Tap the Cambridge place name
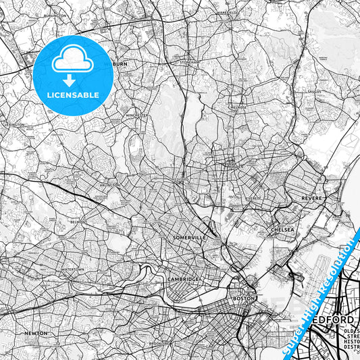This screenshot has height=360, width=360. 183,279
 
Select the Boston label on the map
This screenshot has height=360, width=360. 243,298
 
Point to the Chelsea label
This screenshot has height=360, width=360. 282,230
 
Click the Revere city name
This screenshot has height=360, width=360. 313,198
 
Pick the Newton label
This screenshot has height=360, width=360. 35,333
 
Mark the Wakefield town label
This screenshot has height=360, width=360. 227,13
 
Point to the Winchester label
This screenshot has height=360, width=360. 155,115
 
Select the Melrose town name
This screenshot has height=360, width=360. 238,107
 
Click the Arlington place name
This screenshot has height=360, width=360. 110,184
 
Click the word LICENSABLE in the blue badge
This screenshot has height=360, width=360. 73,95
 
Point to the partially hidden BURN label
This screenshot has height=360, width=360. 120,64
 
